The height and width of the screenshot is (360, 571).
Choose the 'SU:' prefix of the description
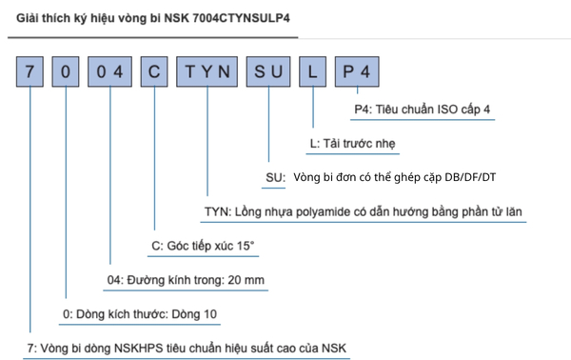coord(271,177)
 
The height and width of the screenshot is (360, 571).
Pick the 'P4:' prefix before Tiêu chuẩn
coord(362,110)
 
